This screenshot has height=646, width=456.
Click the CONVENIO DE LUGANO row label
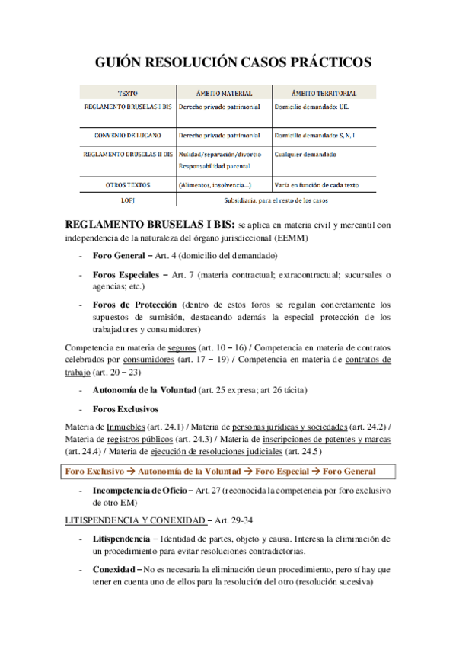[x=128, y=136]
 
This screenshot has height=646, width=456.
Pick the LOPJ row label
[x=128, y=200]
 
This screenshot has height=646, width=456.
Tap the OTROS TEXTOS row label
[x=128, y=185]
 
